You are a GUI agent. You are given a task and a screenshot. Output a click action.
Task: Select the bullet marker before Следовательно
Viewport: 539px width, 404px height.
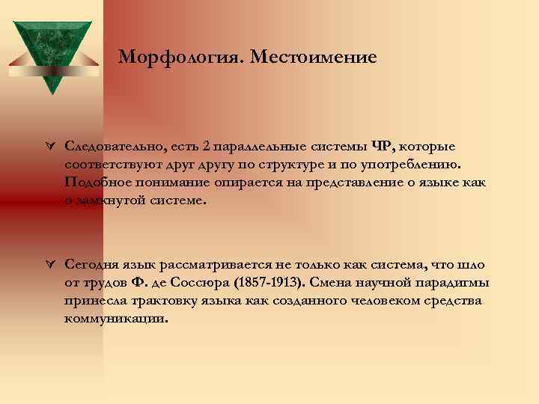(48, 146)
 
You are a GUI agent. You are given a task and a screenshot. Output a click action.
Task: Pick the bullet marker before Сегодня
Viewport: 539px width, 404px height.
(48, 264)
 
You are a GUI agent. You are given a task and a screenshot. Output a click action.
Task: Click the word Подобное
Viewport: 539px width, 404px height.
(97, 183)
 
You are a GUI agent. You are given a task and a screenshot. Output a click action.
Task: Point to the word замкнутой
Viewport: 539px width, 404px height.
(114, 201)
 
